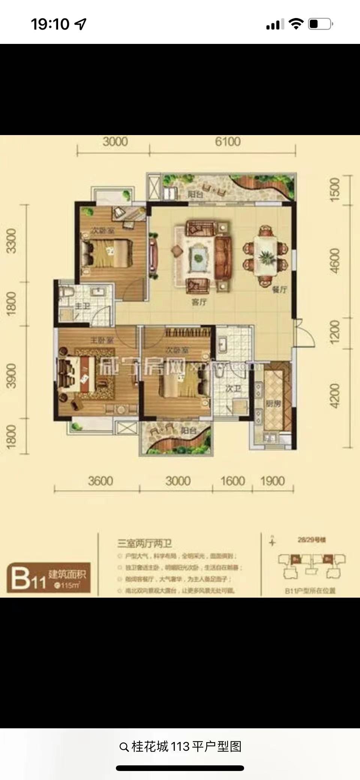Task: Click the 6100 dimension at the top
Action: pos(228,142)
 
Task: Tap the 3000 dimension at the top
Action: pos(115,142)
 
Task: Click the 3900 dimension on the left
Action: pos(12,375)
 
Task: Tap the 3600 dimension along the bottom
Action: pos(100,481)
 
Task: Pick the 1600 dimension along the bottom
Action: pos(232,481)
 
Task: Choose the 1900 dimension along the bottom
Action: pos(273,481)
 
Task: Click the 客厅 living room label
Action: pos(199,302)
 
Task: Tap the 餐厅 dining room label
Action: pos(279,289)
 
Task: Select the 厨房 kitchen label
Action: pos(273,404)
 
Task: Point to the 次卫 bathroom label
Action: pos(233,389)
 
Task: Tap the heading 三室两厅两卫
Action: pos(145,544)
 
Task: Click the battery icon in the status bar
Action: pos(320,24)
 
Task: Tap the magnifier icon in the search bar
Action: pos(124,747)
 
